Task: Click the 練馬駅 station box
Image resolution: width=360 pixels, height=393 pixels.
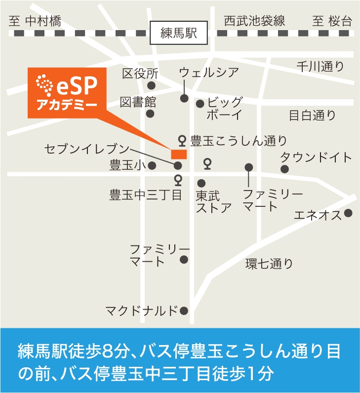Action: pyautogui.click(x=179, y=33)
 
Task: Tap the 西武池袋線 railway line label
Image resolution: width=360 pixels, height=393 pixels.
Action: pyautogui.click(x=254, y=21)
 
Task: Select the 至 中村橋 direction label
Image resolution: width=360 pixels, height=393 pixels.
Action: pyautogui.click(x=35, y=21)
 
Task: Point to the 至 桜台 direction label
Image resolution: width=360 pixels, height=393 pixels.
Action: pyautogui.click(x=332, y=21)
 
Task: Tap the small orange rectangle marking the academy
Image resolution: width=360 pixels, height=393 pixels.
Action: pyautogui.click(x=178, y=154)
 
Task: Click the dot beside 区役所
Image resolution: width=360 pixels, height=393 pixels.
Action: pyautogui.click(x=152, y=85)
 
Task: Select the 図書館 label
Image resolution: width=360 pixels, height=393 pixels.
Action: pyautogui.click(x=138, y=102)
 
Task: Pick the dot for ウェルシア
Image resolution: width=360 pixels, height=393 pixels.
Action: pyautogui.click(x=184, y=98)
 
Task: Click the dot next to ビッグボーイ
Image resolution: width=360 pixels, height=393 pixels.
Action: pyautogui.click(x=200, y=104)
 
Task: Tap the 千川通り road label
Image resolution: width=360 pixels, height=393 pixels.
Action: pyautogui.click(x=320, y=67)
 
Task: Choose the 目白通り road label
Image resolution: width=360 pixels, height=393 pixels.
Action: pyautogui.click(x=312, y=116)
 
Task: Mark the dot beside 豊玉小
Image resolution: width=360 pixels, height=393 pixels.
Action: pyautogui.click(x=152, y=165)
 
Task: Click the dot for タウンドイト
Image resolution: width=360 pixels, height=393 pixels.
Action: pyautogui.click(x=284, y=169)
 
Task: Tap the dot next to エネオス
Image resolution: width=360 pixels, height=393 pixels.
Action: pyautogui.click(x=349, y=213)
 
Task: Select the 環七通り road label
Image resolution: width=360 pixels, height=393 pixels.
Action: pyautogui.click(x=269, y=264)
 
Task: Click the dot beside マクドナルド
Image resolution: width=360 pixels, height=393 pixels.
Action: pyautogui.click(x=184, y=311)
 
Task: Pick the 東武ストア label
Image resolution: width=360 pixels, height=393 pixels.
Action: pyautogui.click(x=213, y=201)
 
